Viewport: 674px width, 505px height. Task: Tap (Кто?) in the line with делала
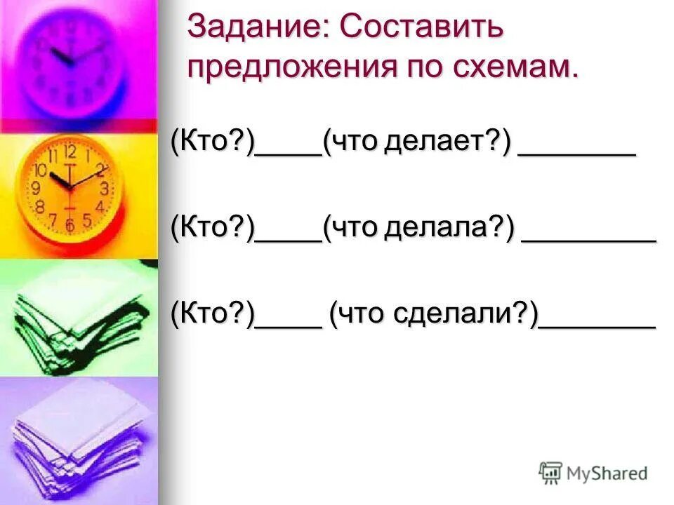coord(211,229)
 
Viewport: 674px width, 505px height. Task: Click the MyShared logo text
coord(607,473)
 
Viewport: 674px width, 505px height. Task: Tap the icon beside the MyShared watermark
coord(550,473)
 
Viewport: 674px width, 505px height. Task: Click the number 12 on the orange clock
coord(70,151)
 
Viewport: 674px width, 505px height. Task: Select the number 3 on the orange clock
coord(104,188)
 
